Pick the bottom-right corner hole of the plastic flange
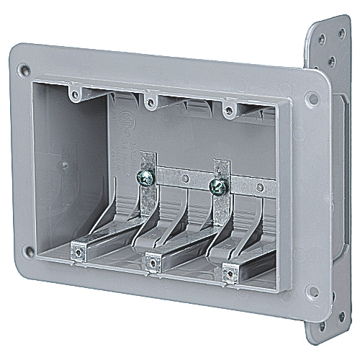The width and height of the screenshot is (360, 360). pos(312,292)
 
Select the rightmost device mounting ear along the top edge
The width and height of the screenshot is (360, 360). pos(229,110)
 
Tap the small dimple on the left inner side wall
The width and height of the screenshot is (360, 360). pos(64,164)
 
